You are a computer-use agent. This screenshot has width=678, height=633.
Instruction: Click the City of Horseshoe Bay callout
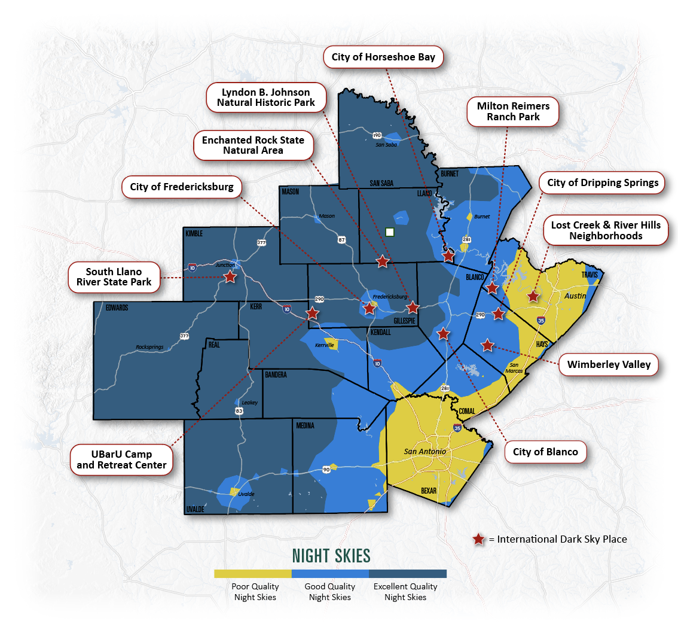click(384, 58)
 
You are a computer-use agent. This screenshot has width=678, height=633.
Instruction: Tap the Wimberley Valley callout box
click(609, 364)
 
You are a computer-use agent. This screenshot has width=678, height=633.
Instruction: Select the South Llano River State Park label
click(114, 276)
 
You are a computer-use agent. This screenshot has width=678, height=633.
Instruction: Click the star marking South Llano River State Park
click(230, 277)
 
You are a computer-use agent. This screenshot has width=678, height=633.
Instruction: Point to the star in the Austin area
click(533, 296)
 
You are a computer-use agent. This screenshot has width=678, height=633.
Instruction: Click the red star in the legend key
click(478, 540)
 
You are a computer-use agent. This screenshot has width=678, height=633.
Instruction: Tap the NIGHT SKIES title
click(331, 556)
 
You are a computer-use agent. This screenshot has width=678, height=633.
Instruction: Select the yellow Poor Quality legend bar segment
click(252, 574)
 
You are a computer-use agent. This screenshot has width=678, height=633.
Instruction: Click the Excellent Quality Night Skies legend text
click(405, 592)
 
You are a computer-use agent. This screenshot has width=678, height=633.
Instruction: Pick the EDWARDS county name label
click(117, 308)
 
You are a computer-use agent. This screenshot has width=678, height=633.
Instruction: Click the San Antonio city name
click(424, 451)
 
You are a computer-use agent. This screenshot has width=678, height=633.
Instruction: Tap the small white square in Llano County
click(390, 232)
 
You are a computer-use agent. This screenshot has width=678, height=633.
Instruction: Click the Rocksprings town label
click(149, 347)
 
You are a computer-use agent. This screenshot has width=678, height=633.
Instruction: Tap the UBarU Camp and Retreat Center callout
click(122, 459)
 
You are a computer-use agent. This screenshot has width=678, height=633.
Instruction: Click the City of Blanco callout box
click(545, 452)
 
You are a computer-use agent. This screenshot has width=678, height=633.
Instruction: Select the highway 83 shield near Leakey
click(239, 411)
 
